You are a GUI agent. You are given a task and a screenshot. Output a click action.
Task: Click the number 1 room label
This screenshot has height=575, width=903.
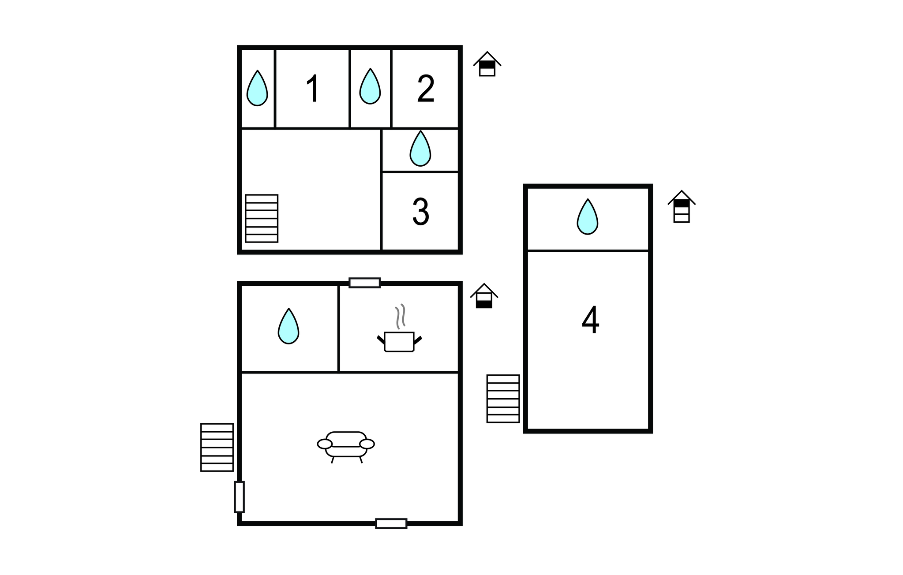(313, 89)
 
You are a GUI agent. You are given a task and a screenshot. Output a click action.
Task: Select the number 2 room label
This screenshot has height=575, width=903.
(426, 89)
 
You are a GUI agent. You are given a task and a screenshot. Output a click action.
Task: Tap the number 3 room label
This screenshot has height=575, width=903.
(420, 212)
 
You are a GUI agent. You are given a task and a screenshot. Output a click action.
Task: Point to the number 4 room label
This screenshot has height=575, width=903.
(590, 320)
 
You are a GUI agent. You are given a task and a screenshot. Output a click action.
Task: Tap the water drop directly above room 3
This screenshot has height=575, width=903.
(420, 149)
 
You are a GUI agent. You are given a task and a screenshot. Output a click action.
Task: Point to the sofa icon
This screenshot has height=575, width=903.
(346, 445)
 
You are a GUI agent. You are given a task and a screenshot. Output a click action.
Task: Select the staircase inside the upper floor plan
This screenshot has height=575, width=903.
(262, 218)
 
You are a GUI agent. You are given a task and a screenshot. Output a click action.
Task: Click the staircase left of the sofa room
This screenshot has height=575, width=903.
(217, 447)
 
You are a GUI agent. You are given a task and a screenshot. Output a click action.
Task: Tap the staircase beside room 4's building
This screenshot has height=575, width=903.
(503, 399)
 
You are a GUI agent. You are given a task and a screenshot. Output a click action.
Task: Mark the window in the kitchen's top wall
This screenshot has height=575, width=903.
(364, 283)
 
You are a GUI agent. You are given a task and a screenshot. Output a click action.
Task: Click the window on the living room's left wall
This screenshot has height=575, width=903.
(239, 497)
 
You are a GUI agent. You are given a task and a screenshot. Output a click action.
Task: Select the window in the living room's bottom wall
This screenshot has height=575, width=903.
(391, 523)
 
